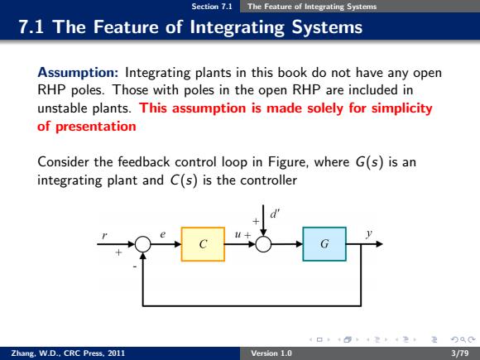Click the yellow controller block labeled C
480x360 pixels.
[203, 244]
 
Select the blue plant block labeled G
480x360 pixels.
[324, 244]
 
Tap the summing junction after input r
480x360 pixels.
[143, 244]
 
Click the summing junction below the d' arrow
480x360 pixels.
[263, 244]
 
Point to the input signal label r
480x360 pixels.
[105, 236]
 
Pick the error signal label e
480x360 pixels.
[162, 234]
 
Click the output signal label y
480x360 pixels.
[369, 234]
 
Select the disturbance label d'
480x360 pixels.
[275, 214]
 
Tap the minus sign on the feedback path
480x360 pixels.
[135, 267]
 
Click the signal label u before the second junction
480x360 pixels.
[238, 235]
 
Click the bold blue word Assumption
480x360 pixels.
[78, 73]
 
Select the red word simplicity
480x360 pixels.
[401, 108]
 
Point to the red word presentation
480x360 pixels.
[96, 127]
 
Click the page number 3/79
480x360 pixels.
[460, 353]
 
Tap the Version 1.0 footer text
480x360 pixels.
[271, 353]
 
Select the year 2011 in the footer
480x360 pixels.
[117, 353]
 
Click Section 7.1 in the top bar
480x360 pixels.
[212, 7]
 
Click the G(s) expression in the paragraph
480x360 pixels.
[369, 162]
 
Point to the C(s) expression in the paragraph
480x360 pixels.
[184, 180]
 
